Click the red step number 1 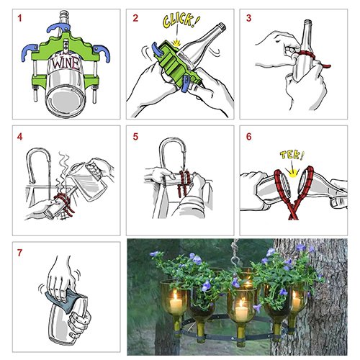[x=19, y=18]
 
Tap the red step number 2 [x=135, y=18]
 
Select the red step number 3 [x=249, y=18]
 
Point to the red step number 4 [x=19, y=137]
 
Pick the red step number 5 [x=135, y=137]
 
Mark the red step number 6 [x=249, y=137]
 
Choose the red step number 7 [x=19, y=253]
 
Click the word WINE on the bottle [x=66, y=63]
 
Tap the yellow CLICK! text [x=181, y=19]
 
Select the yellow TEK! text [x=292, y=155]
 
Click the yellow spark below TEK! [x=293, y=173]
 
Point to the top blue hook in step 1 [x=58, y=27]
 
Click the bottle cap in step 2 [x=222, y=26]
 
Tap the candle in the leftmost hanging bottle [x=176, y=303]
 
